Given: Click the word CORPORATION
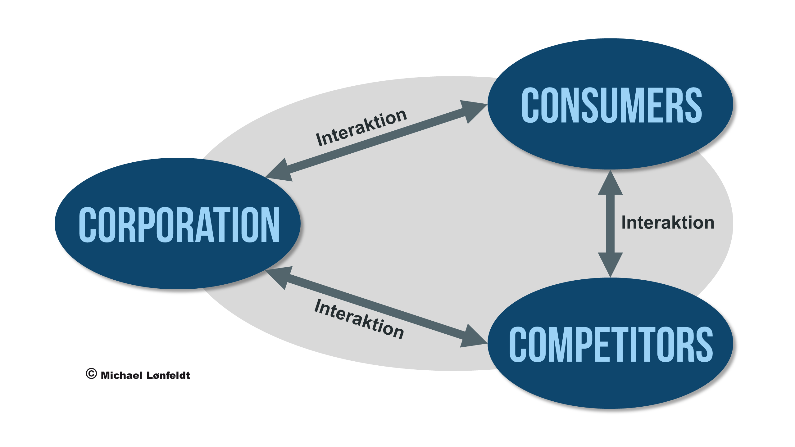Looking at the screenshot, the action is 179,224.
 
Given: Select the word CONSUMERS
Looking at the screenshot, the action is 612,105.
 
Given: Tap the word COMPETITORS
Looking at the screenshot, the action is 611,344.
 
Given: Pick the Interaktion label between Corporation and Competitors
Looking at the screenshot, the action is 359,319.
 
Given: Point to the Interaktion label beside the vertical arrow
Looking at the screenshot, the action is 668,223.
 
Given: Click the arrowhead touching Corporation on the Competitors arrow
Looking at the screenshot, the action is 279,277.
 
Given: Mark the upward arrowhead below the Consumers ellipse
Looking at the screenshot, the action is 611,183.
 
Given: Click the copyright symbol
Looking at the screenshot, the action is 91,374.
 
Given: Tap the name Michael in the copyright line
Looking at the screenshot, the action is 121,375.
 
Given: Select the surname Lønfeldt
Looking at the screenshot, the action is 168,375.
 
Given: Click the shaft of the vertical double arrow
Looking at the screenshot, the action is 611,223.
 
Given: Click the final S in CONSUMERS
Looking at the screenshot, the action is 693,105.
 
